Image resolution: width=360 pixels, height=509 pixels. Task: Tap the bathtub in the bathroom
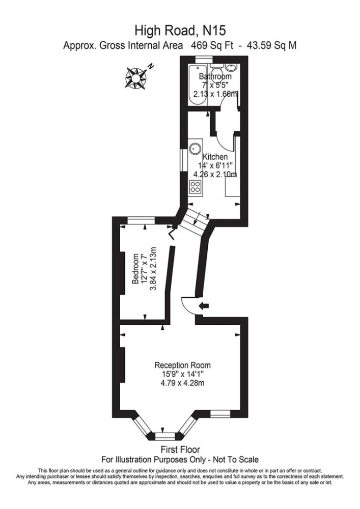click(198, 84)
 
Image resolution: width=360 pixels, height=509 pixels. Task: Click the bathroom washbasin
click(232, 68)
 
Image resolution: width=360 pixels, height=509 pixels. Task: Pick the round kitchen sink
click(196, 149)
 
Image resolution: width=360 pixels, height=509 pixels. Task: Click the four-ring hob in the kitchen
click(196, 187)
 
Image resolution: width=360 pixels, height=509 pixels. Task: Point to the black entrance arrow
click(204, 305)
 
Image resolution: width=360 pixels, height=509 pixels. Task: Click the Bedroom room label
click(136, 269)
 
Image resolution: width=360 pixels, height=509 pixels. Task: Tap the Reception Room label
click(182, 365)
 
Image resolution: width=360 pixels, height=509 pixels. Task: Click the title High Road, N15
click(180, 31)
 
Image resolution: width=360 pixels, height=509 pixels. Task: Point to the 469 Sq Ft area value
click(212, 45)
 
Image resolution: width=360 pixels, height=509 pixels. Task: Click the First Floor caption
click(180, 449)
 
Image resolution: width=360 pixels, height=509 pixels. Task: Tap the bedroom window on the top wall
click(141, 220)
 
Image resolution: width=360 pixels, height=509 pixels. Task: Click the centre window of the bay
click(165, 436)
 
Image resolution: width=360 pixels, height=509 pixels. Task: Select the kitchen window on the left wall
click(184, 161)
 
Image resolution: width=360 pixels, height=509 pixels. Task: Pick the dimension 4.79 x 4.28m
click(182, 383)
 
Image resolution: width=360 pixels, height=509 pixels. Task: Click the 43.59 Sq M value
click(272, 45)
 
